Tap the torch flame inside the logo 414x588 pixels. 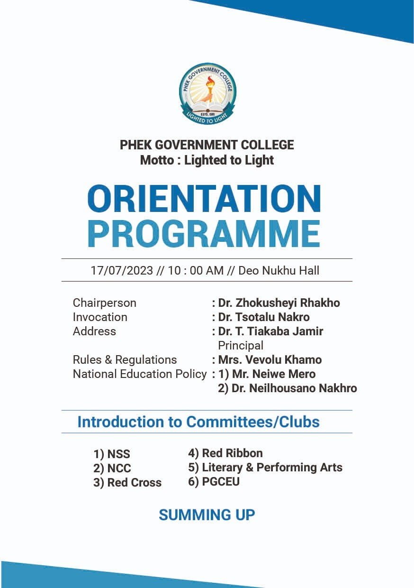click(x=207, y=84)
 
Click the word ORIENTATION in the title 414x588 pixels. click(x=204, y=199)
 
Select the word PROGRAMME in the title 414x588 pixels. click(x=204, y=233)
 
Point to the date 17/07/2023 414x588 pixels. click(x=122, y=271)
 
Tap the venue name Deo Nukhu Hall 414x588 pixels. click(x=279, y=271)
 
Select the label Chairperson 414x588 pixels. click(x=104, y=303)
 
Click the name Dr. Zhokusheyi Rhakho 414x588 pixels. click(x=279, y=303)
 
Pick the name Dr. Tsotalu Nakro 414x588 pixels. click(x=263, y=317)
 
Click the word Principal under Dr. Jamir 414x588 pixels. click(x=240, y=345)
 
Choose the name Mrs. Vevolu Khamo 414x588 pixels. click(x=270, y=359)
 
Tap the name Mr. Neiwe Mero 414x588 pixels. click(x=273, y=374)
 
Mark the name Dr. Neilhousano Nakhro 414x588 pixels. click(x=294, y=388)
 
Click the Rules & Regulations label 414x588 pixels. click(x=125, y=359)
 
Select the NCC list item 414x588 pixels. click(x=112, y=469)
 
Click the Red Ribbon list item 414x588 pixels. click(x=225, y=453)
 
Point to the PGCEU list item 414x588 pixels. click(x=214, y=482)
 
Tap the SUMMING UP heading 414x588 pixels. click(x=207, y=515)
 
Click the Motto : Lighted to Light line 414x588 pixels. click(x=207, y=160)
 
